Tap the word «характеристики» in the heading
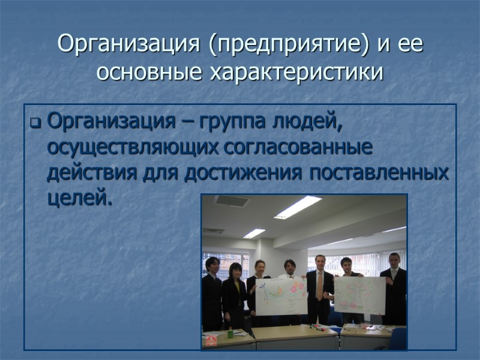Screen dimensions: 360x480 coord(300,73)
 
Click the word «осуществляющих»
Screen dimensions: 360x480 coord(135,148)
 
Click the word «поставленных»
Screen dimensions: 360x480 coord(379,173)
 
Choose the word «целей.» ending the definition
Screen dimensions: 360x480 coord(79,198)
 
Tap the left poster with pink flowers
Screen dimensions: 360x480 coord(281,295)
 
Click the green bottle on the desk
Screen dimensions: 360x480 coord(230,332)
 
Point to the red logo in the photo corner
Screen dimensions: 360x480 coord(211,341)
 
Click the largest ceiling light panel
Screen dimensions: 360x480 coord(298,207)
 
